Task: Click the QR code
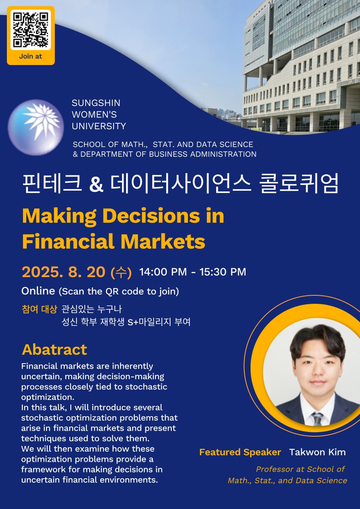pyautogui.click(x=31, y=30)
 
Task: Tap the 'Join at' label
pyautogui.click(x=31, y=57)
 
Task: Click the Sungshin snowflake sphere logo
pyautogui.click(x=36, y=128)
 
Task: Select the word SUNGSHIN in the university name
pyautogui.click(x=96, y=103)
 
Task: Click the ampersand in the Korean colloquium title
pyautogui.click(x=96, y=185)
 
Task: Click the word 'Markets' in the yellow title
pyautogui.click(x=163, y=241)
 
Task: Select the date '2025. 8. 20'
pyautogui.click(x=64, y=272)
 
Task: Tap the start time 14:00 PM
pyautogui.click(x=163, y=272)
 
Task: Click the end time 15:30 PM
pyautogui.click(x=223, y=272)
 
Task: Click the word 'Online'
pyautogui.click(x=38, y=291)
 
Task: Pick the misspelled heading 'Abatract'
pyautogui.click(x=55, y=349)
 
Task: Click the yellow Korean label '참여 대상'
pyautogui.click(x=39, y=309)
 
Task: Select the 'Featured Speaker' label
pyautogui.click(x=240, y=452)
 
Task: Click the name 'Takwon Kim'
pyautogui.click(x=317, y=452)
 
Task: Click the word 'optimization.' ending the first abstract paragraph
pyautogui.click(x=48, y=398)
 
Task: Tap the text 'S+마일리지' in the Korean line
pyautogui.click(x=149, y=322)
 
